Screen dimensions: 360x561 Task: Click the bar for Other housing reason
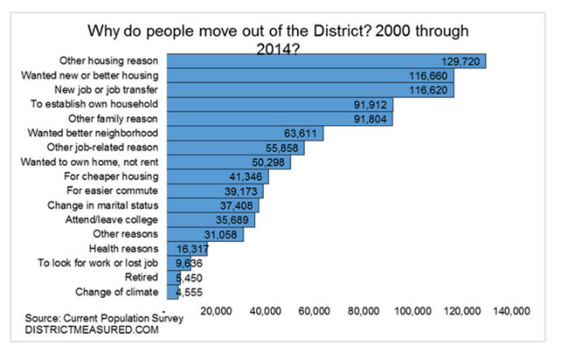click(324, 61)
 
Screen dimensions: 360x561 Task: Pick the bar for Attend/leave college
click(210, 220)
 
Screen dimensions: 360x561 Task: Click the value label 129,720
click(461, 61)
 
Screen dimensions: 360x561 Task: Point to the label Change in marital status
click(101, 206)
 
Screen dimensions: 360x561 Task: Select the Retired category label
click(141, 278)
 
